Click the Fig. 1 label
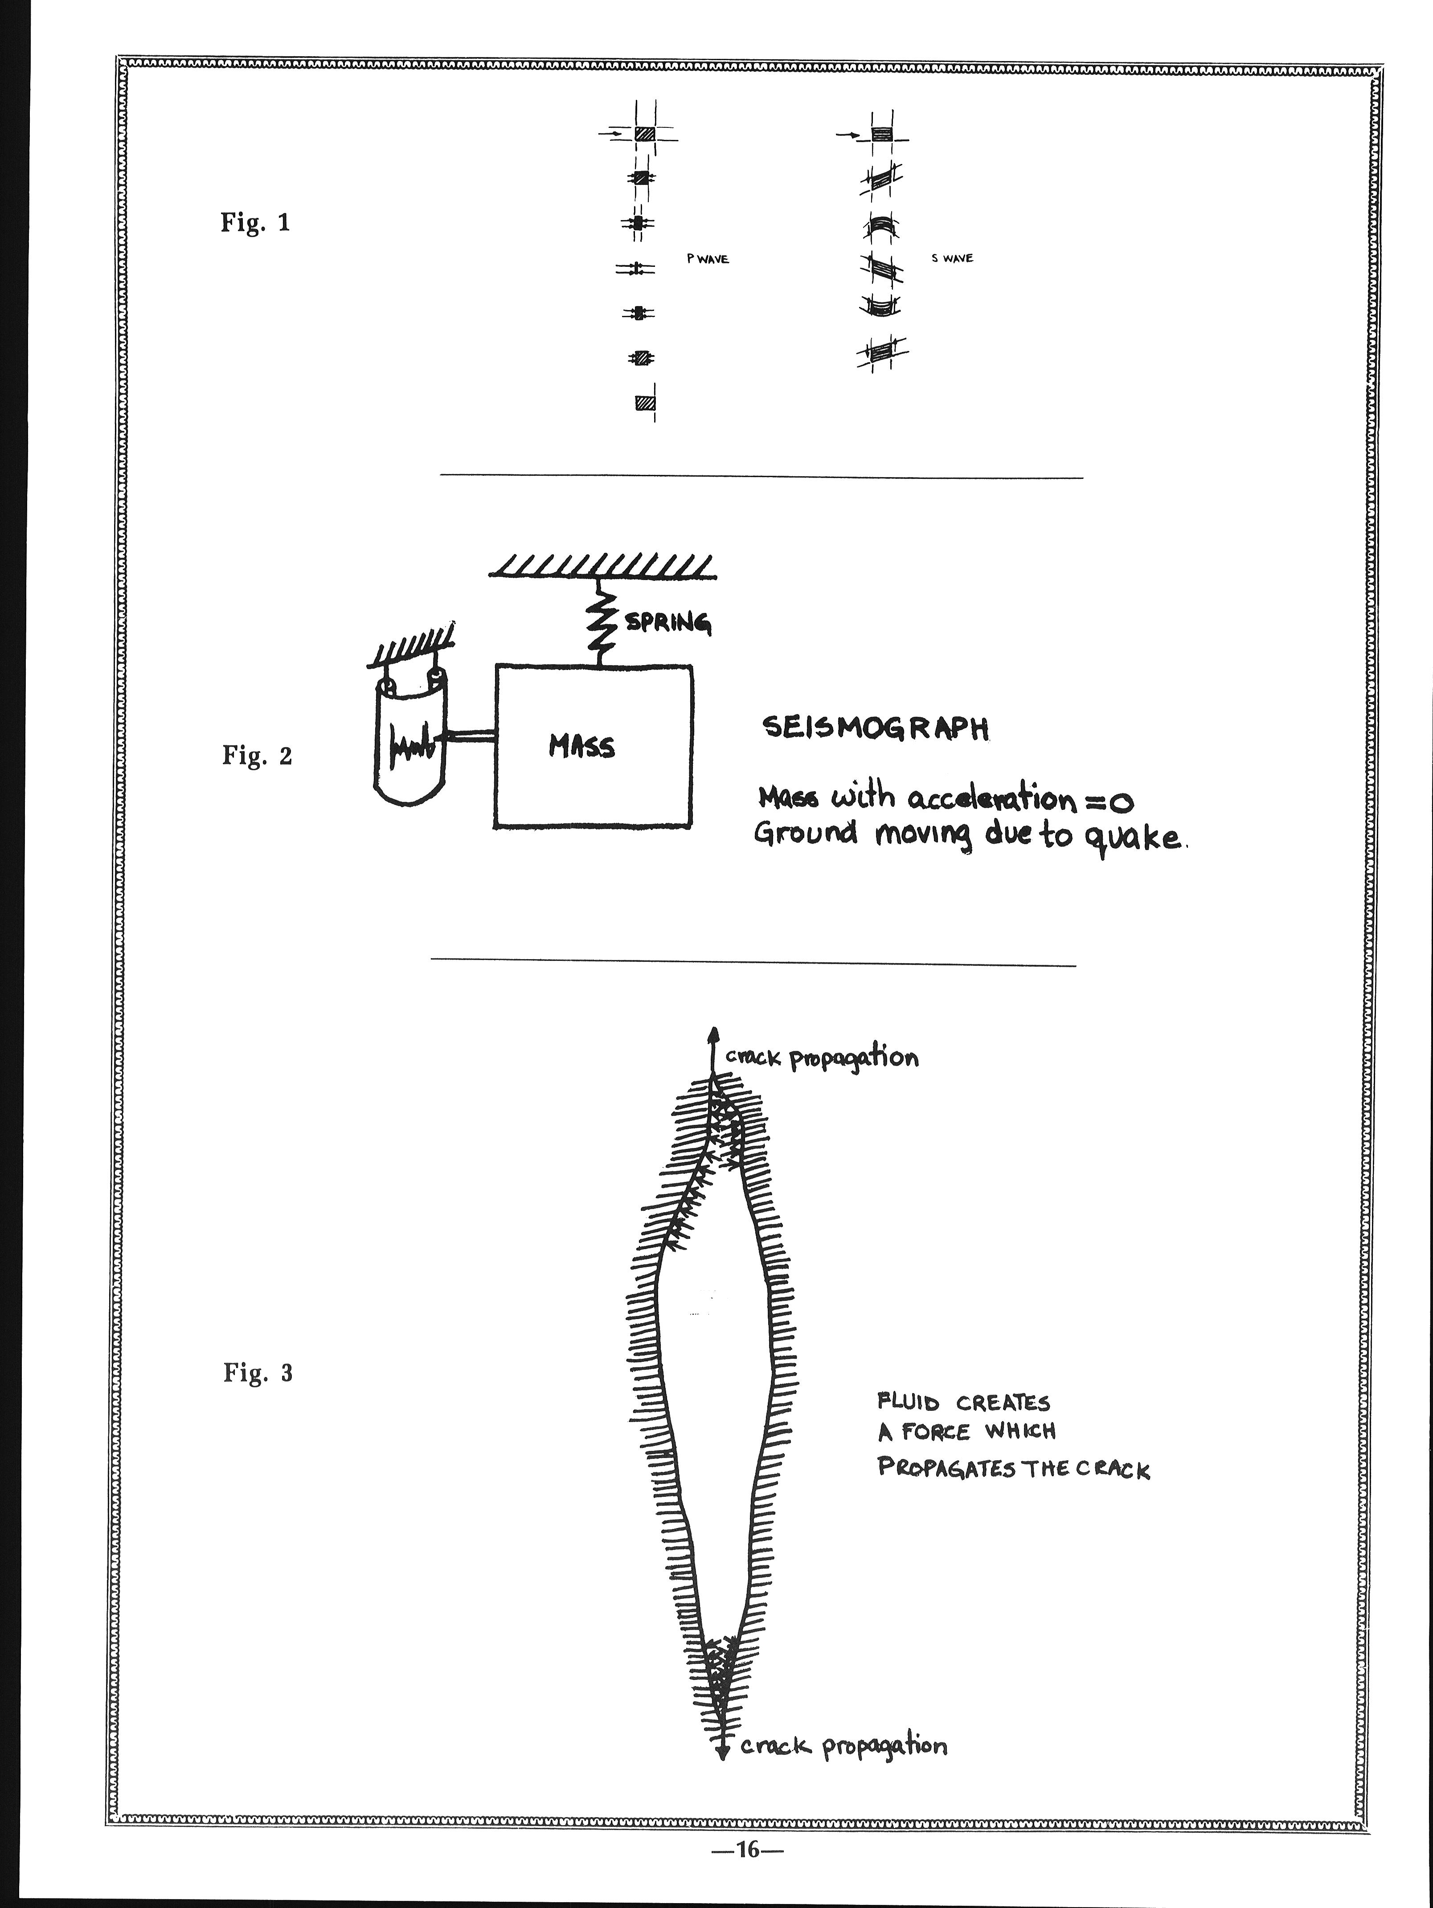pos(255,223)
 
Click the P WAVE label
pos(708,259)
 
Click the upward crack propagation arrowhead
pos(712,1035)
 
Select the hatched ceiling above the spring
pos(602,566)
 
